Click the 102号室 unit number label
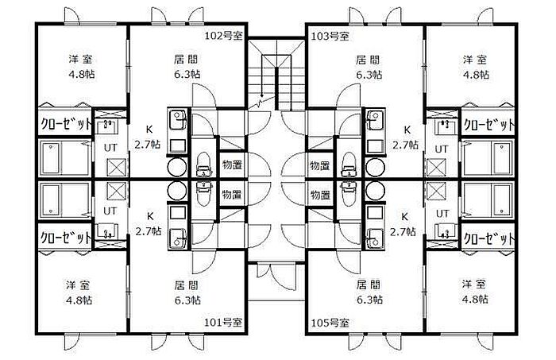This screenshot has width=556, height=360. [223, 36]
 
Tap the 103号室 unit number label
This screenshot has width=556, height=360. [329, 36]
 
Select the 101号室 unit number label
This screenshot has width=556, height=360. [223, 323]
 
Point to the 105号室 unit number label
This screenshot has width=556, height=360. [329, 323]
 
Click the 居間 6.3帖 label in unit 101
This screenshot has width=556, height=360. [187, 291]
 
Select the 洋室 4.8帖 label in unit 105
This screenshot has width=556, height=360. [475, 291]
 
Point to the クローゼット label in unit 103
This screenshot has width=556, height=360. [488, 125]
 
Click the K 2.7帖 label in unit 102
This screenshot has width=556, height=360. [148, 138]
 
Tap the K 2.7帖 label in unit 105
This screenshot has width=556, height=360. [405, 223]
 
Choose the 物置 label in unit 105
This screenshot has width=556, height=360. [319, 194]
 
